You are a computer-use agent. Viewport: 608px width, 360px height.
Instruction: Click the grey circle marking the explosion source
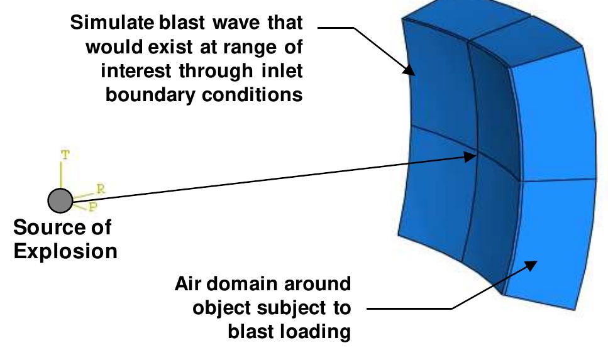coord(60,200)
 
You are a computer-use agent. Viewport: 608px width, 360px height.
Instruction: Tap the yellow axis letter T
coord(65,155)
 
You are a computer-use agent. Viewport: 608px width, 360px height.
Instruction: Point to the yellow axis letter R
coord(101,189)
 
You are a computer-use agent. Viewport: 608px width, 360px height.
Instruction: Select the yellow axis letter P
coord(92,207)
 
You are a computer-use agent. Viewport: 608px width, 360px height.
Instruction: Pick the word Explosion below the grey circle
coord(65,251)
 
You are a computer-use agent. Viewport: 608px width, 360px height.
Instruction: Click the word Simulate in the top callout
coord(112,22)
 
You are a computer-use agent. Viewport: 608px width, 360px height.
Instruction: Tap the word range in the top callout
coord(250,48)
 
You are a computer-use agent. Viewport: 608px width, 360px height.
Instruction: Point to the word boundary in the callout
coord(150,95)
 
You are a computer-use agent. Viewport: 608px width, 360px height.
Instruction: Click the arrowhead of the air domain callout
coord(531,266)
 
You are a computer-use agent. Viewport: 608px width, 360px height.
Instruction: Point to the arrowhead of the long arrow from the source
coord(470,156)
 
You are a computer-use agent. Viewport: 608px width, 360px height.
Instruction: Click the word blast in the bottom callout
coord(250,332)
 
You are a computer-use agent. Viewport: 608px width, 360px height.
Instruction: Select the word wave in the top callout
coord(236,23)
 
